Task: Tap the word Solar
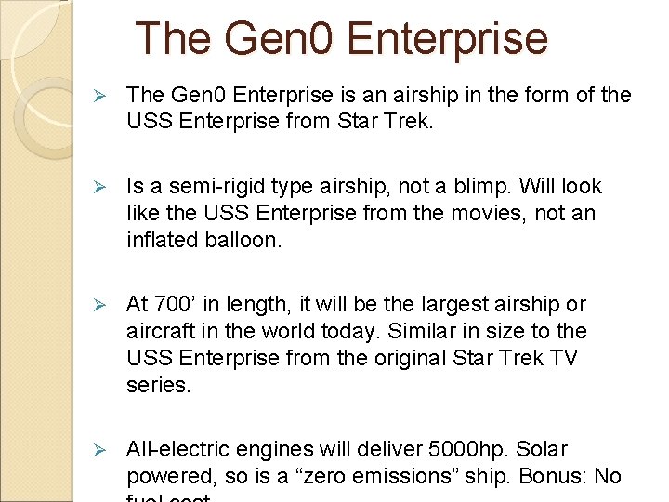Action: click(542, 450)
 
